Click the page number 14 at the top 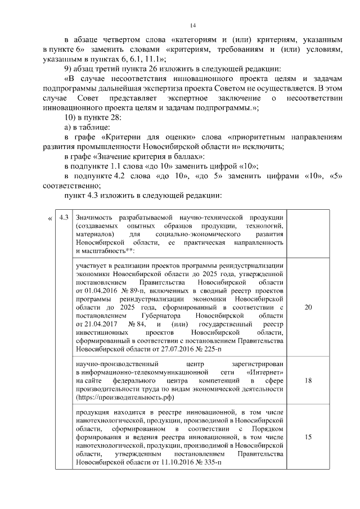click(x=192, y=25)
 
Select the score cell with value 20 click(x=308, y=308)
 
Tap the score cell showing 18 click(x=308, y=380)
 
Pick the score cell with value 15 click(x=308, y=436)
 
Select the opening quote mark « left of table click(x=51, y=218)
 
